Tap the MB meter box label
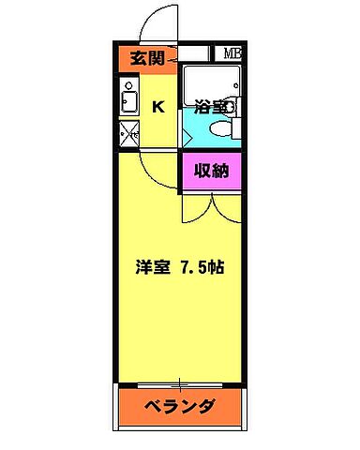coord(231,54)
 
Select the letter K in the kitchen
coord(158,107)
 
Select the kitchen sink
coord(129,101)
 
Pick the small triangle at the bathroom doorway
coord(187,136)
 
